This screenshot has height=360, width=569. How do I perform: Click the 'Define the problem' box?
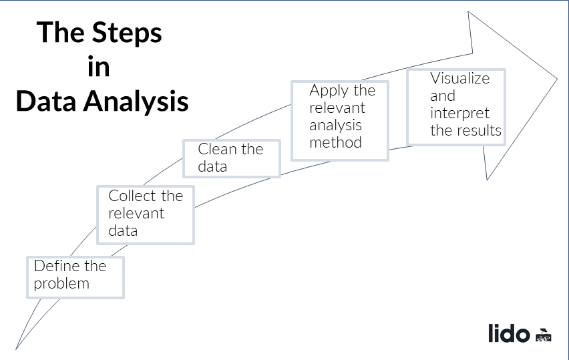(75, 276)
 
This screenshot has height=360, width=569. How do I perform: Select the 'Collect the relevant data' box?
(146, 214)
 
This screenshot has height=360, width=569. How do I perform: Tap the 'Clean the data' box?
(231, 158)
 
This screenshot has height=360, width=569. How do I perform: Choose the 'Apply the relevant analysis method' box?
(340, 120)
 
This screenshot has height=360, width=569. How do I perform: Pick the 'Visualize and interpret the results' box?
(456, 106)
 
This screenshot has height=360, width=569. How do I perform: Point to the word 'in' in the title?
(99, 67)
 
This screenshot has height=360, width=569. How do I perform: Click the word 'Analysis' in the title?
(138, 102)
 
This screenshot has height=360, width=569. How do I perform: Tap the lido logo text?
(509, 333)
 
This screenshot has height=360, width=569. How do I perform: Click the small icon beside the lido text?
(543, 335)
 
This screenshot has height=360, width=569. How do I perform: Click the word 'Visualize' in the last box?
(459, 78)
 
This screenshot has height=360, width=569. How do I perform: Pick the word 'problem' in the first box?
(61, 283)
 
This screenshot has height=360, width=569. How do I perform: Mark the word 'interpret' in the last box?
(459, 113)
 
